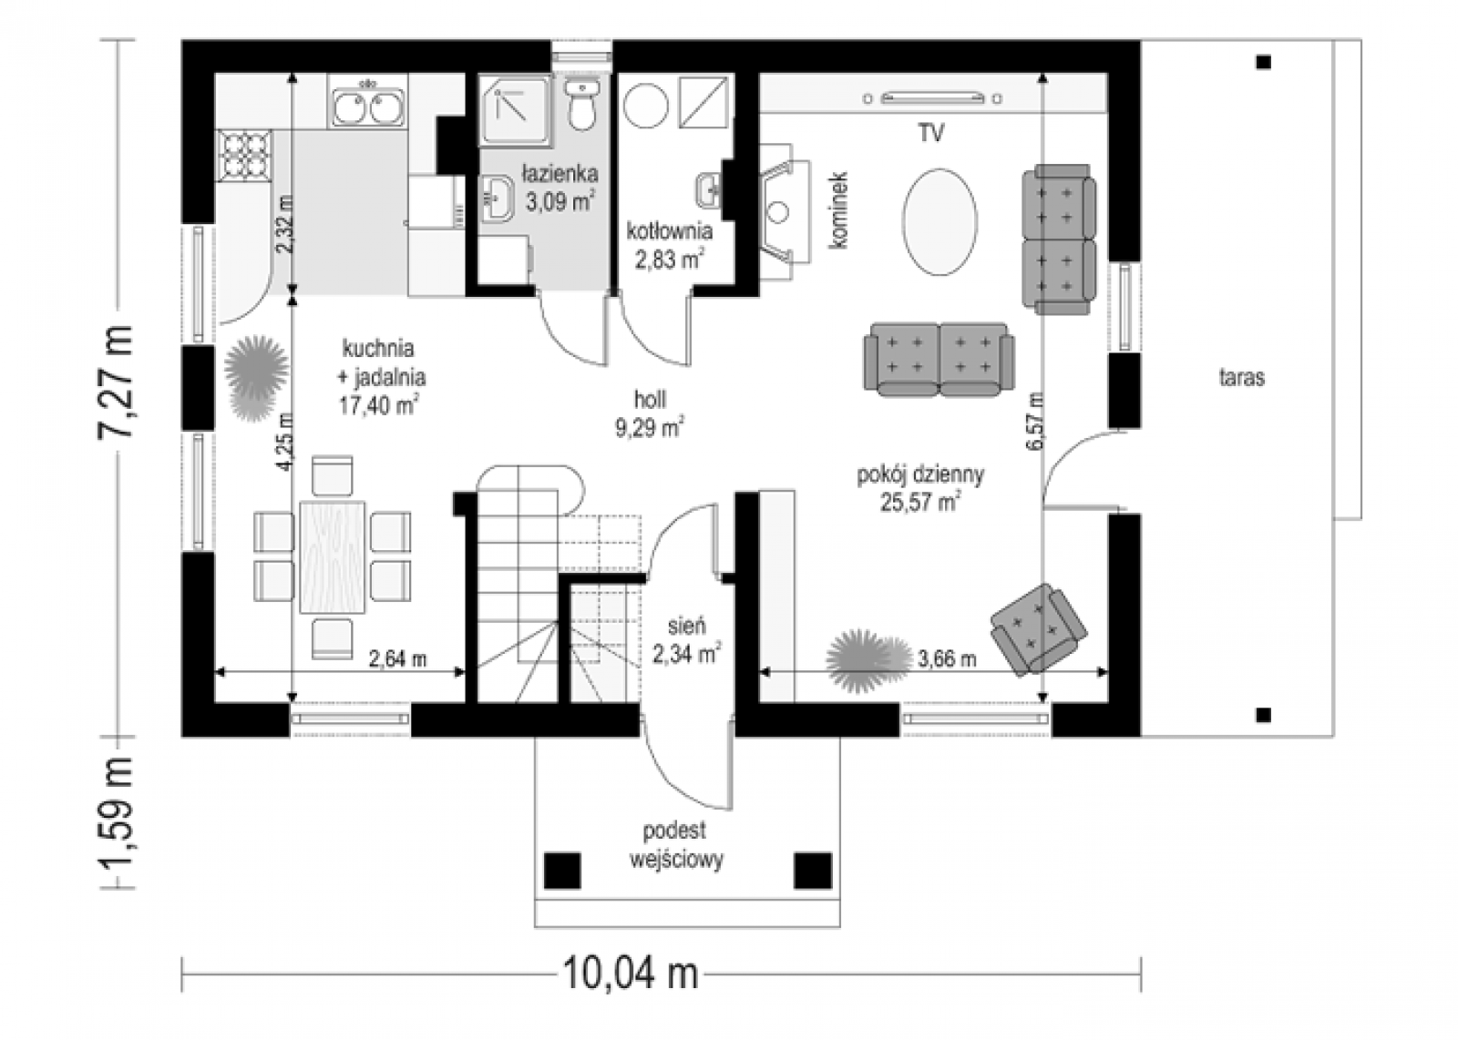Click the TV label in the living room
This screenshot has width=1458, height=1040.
click(931, 133)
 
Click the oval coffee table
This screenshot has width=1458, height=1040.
click(939, 222)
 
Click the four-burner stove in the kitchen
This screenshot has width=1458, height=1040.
click(245, 156)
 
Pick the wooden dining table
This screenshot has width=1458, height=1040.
click(332, 556)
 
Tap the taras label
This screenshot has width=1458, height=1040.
click(1242, 377)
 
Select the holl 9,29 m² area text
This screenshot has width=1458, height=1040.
click(650, 413)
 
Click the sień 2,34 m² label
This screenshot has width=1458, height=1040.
click(687, 639)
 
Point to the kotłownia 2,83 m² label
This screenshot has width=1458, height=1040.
click(670, 245)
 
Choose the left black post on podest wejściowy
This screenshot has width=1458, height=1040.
click(561, 871)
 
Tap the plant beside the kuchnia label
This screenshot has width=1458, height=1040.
click(256, 377)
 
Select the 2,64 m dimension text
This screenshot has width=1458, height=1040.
click(397, 659)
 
